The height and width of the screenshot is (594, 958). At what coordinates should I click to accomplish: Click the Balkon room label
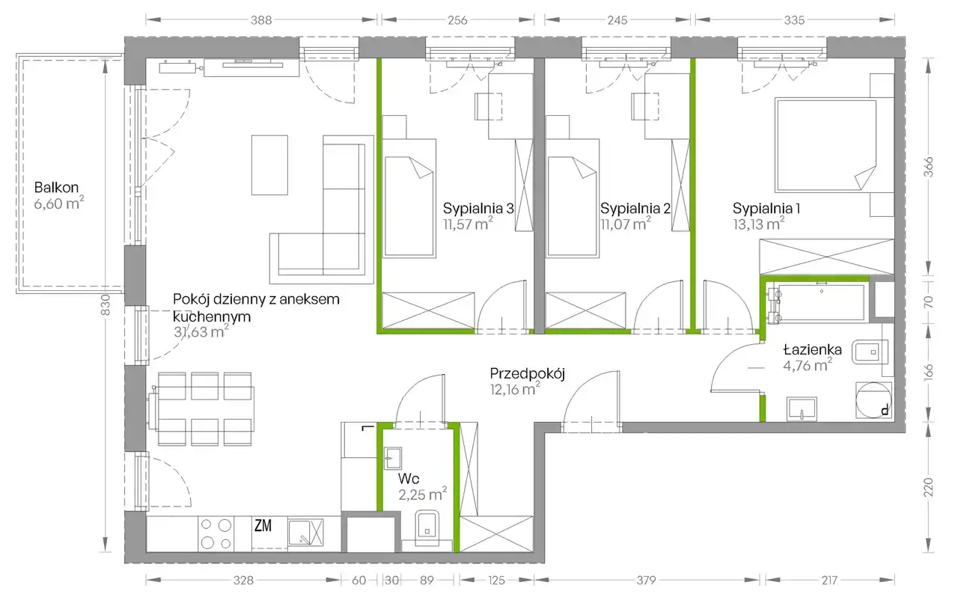pos(56,188)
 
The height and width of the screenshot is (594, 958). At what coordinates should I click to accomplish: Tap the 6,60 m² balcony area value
pos(59,203)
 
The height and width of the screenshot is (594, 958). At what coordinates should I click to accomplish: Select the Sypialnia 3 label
pos(478,209)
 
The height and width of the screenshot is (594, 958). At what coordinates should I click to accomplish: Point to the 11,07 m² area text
pos(625,224)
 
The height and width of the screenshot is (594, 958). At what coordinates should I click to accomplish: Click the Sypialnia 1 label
pos(766,209)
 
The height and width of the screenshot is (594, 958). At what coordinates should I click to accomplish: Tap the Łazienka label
pos(813,350)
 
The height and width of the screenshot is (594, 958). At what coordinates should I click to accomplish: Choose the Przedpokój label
pos(528,374)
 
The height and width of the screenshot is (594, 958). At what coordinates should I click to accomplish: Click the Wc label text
pos(409,479)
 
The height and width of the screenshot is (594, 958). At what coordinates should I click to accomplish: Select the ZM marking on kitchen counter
pos(263,526)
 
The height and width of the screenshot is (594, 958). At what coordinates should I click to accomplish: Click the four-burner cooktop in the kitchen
pos(216,533)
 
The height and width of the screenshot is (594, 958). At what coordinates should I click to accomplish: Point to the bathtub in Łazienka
pos(819,302)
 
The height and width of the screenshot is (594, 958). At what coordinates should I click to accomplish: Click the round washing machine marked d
pos(873,400)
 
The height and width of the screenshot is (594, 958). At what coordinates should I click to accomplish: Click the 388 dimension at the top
pos(261,20)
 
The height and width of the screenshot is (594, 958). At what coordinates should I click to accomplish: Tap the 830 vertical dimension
pos(106,305)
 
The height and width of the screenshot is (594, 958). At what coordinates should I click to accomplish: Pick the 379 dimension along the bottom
pos(646,581)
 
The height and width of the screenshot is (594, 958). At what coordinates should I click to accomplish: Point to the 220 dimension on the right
pos(928,487)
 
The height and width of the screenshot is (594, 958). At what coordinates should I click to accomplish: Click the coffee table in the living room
pos(269,165)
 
